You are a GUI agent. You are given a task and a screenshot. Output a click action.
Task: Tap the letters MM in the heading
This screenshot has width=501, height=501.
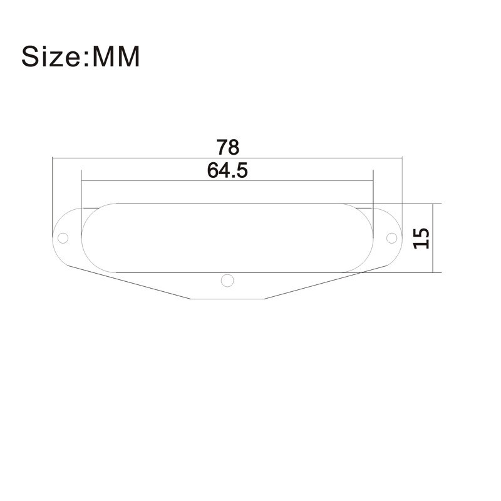click(117, 56)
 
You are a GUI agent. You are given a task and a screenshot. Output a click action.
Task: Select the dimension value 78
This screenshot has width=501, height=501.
click(228, 148)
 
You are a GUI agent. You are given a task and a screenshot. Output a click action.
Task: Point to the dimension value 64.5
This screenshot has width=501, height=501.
click(227, 170)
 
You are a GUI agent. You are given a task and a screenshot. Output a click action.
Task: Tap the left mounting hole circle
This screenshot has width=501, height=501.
click(63, 238)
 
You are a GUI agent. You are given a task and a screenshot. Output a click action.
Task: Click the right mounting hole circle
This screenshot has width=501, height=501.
click(391, 238)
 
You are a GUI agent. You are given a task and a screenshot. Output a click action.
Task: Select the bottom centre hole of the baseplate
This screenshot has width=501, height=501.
click(227, 279)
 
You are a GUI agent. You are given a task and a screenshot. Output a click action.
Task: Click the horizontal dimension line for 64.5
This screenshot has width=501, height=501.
click(157, 182)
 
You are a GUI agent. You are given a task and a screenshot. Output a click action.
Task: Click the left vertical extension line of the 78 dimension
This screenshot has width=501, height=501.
click(53, 188)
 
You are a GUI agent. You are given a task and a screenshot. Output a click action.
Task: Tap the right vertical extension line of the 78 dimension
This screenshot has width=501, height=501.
click(401, 188)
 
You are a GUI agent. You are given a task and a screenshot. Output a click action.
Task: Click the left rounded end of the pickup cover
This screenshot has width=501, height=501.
click(85, 238)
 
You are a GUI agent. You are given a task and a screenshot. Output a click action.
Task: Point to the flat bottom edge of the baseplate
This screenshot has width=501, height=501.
click(227, 299)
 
